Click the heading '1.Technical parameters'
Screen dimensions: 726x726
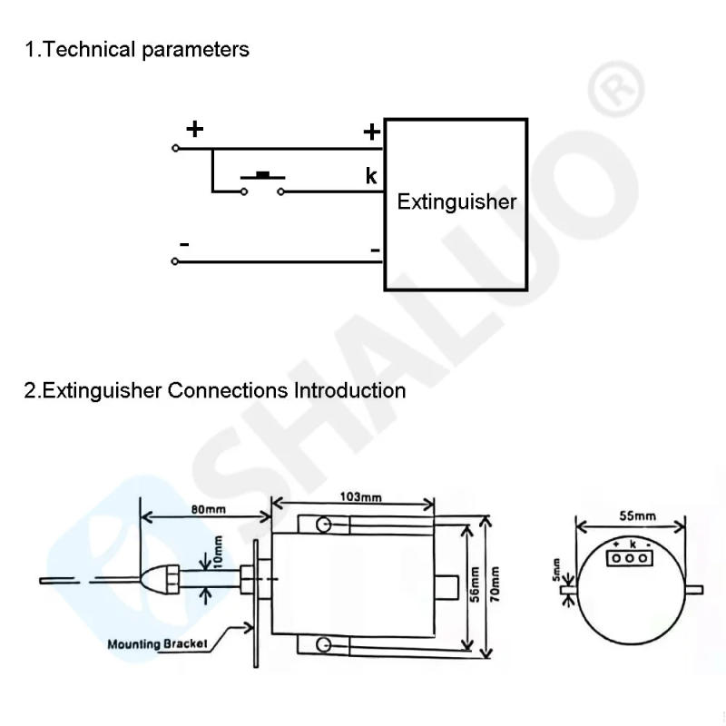(x=136, y=49)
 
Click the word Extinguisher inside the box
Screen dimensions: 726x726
(x=456, y=201)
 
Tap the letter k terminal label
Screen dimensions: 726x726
(x=371, y=176)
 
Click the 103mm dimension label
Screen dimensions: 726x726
(x=360, y=497)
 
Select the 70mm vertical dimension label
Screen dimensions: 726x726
(x=495, y=586)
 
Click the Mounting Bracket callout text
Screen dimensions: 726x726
(x=158, y=644)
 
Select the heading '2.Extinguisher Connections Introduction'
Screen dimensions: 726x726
(x=214, y=391)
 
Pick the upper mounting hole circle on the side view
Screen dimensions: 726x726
(x=322, y=525)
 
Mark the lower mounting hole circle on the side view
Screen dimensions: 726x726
(x=322, y=645)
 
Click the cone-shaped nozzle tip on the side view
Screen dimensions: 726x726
(x=156, y=574)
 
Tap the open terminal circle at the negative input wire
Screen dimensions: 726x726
(x=174, y=261)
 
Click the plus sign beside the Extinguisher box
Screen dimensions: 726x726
(x=371, y=132)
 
